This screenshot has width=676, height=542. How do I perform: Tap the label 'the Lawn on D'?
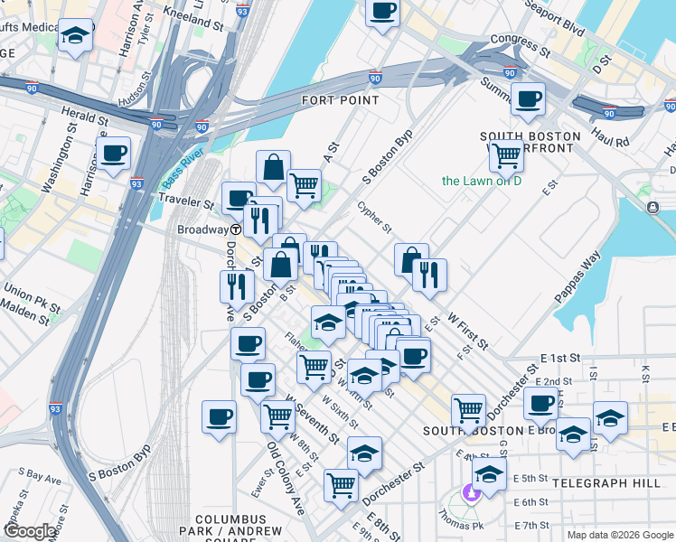[482, 181]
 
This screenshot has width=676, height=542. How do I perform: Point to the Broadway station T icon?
[234, 229]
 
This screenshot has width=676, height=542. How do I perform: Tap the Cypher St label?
[373, 216]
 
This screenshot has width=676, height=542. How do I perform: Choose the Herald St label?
[86, 117]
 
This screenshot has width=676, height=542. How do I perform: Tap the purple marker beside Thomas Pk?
[469, 493]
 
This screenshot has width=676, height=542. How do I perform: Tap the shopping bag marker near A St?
[272, 167]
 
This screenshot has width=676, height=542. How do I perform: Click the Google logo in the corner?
[30, 531]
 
